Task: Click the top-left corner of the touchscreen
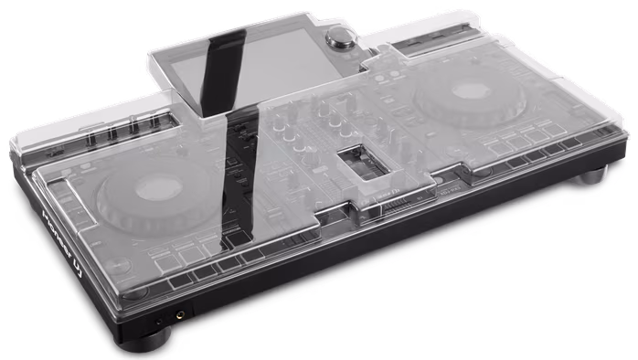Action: tap(153, 54)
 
